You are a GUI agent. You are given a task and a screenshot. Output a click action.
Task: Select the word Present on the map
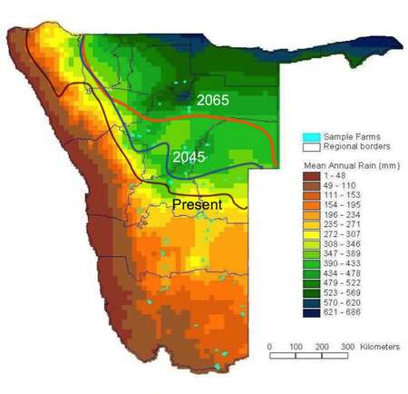(197, 205)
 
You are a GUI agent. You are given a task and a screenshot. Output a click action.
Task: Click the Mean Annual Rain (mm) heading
(345, 167)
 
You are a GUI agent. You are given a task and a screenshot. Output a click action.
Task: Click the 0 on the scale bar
(270, 348)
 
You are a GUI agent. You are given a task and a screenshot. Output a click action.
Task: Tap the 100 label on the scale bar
(296, 348)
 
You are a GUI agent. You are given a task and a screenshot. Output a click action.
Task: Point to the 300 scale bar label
(347, 348)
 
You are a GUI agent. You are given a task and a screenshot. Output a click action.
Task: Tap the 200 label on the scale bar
(322, 348)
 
